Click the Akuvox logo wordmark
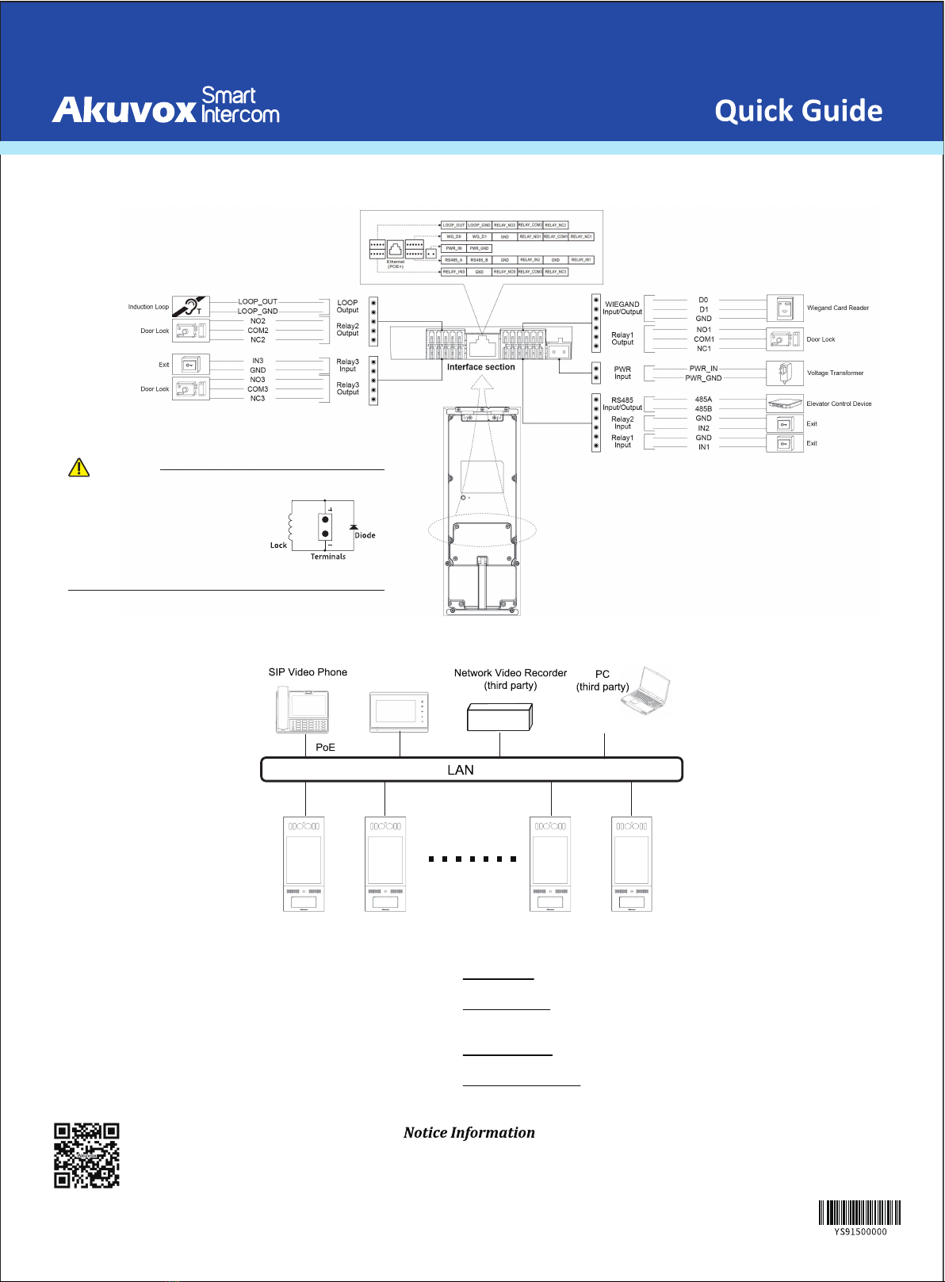[x=124, y=109]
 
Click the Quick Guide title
[x=798, y=111]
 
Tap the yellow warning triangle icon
[x=79, y=468]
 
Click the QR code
[x=86, y=1155]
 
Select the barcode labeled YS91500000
[x=859, y=1213]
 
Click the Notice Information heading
[x=469, y=1133]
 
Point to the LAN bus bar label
[x=461, y=770]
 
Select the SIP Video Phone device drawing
[x=302, y=710]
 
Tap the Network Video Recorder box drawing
[x=499, y=717]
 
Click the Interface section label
[x=480, y=367]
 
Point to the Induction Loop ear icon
[x=190, y=307]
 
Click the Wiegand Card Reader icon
[x=785, y=308]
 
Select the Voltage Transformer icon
[x=785, y=373]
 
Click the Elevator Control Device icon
[x=785, y=404]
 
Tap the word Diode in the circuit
[x=365, y=535]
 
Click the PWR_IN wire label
[x=703, y=369]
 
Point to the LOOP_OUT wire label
[x=258, y=302]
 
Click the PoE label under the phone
[x=325, y=748]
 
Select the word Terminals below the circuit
[x=327, y=557]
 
